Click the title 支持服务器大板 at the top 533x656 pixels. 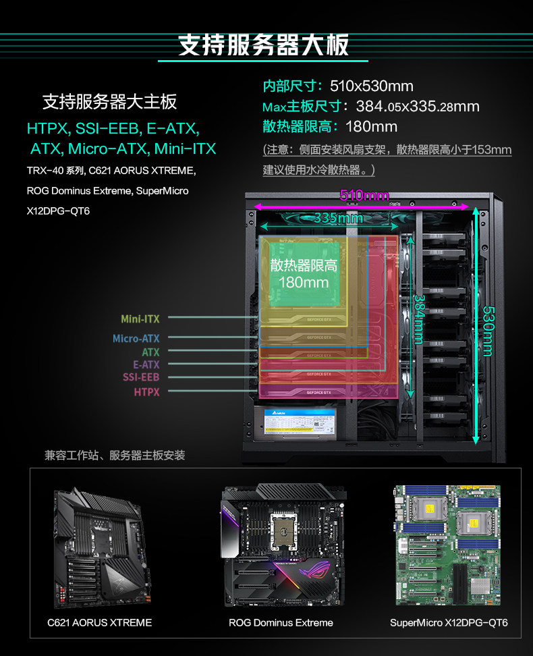coord(264,45)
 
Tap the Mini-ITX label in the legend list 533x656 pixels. coord(140,319)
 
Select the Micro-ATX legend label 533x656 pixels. coord(136,339)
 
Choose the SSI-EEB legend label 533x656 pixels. coord(141,378)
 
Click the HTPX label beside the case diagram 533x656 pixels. coord(146,391)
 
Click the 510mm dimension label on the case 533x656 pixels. coord(364,196)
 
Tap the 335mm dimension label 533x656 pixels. coord(338,218)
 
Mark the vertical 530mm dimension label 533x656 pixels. coord(488,330)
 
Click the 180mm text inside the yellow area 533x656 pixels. coord(304,282)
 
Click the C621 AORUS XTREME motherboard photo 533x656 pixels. coord(99,545)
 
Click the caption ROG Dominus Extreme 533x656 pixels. coord(281,622)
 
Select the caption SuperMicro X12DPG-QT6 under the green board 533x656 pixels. coord(449,622)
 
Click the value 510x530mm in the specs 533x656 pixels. coord(371,86)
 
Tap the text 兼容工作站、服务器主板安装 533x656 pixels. coord(115,456)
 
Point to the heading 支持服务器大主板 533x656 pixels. coord(110,102)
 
